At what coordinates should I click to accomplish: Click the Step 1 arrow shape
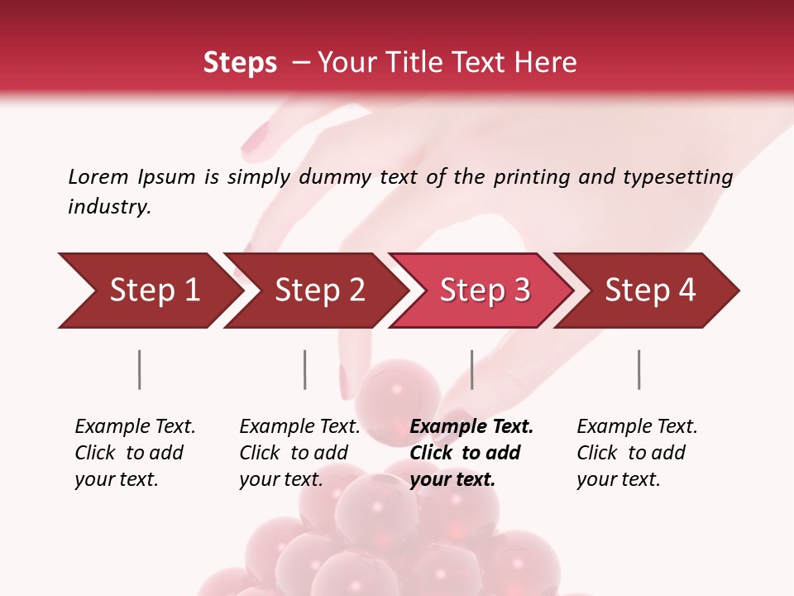click(x=149, y=291)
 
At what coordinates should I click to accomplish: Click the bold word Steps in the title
click(x=240, y=63)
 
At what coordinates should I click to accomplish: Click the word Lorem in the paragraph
click(x=98, y=176)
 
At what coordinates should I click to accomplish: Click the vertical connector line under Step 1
click(x=140, y=369)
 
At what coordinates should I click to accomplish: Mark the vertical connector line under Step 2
click(x=305, y=369)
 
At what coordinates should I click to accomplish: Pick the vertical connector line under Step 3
click(x=472, y=369)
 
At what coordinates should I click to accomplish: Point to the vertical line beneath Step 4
click(x=639, y=369)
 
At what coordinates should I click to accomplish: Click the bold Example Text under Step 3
click(x=471, y=427)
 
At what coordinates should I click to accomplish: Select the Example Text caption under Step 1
click(x=135, y=427)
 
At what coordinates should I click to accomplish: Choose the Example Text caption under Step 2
click(x=299, y=427)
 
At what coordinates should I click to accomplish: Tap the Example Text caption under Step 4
click(x=637, y=427)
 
